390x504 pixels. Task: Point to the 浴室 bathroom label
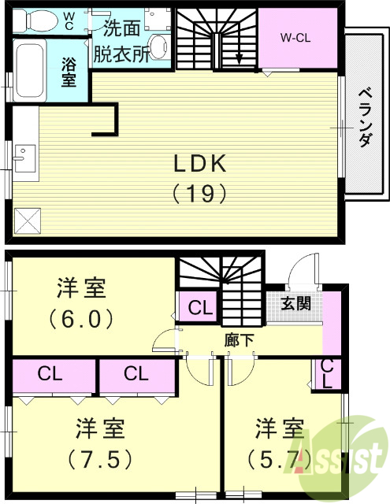click(69, 72)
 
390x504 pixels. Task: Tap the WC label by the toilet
click(69, 19)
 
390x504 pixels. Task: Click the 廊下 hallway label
click(239, 340)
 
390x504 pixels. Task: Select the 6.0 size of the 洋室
click(81, 320)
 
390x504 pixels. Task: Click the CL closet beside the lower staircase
click(199, 308)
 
